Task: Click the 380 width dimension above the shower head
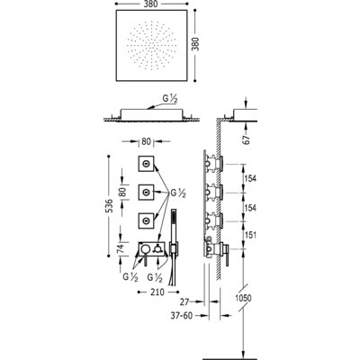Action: click(151, 4)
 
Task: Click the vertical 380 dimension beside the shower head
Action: click(195, 44)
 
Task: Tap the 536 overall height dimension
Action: click(110, 206)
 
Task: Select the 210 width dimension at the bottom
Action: click(157, 292)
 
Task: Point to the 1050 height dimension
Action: click(243, 298)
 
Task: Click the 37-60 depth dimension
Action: click(182, 315)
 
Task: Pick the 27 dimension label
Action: click(185, 301)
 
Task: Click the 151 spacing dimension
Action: click(251, 235)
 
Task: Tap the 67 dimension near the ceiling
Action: click(247, 139)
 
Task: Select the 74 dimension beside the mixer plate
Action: click(121, 248)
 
